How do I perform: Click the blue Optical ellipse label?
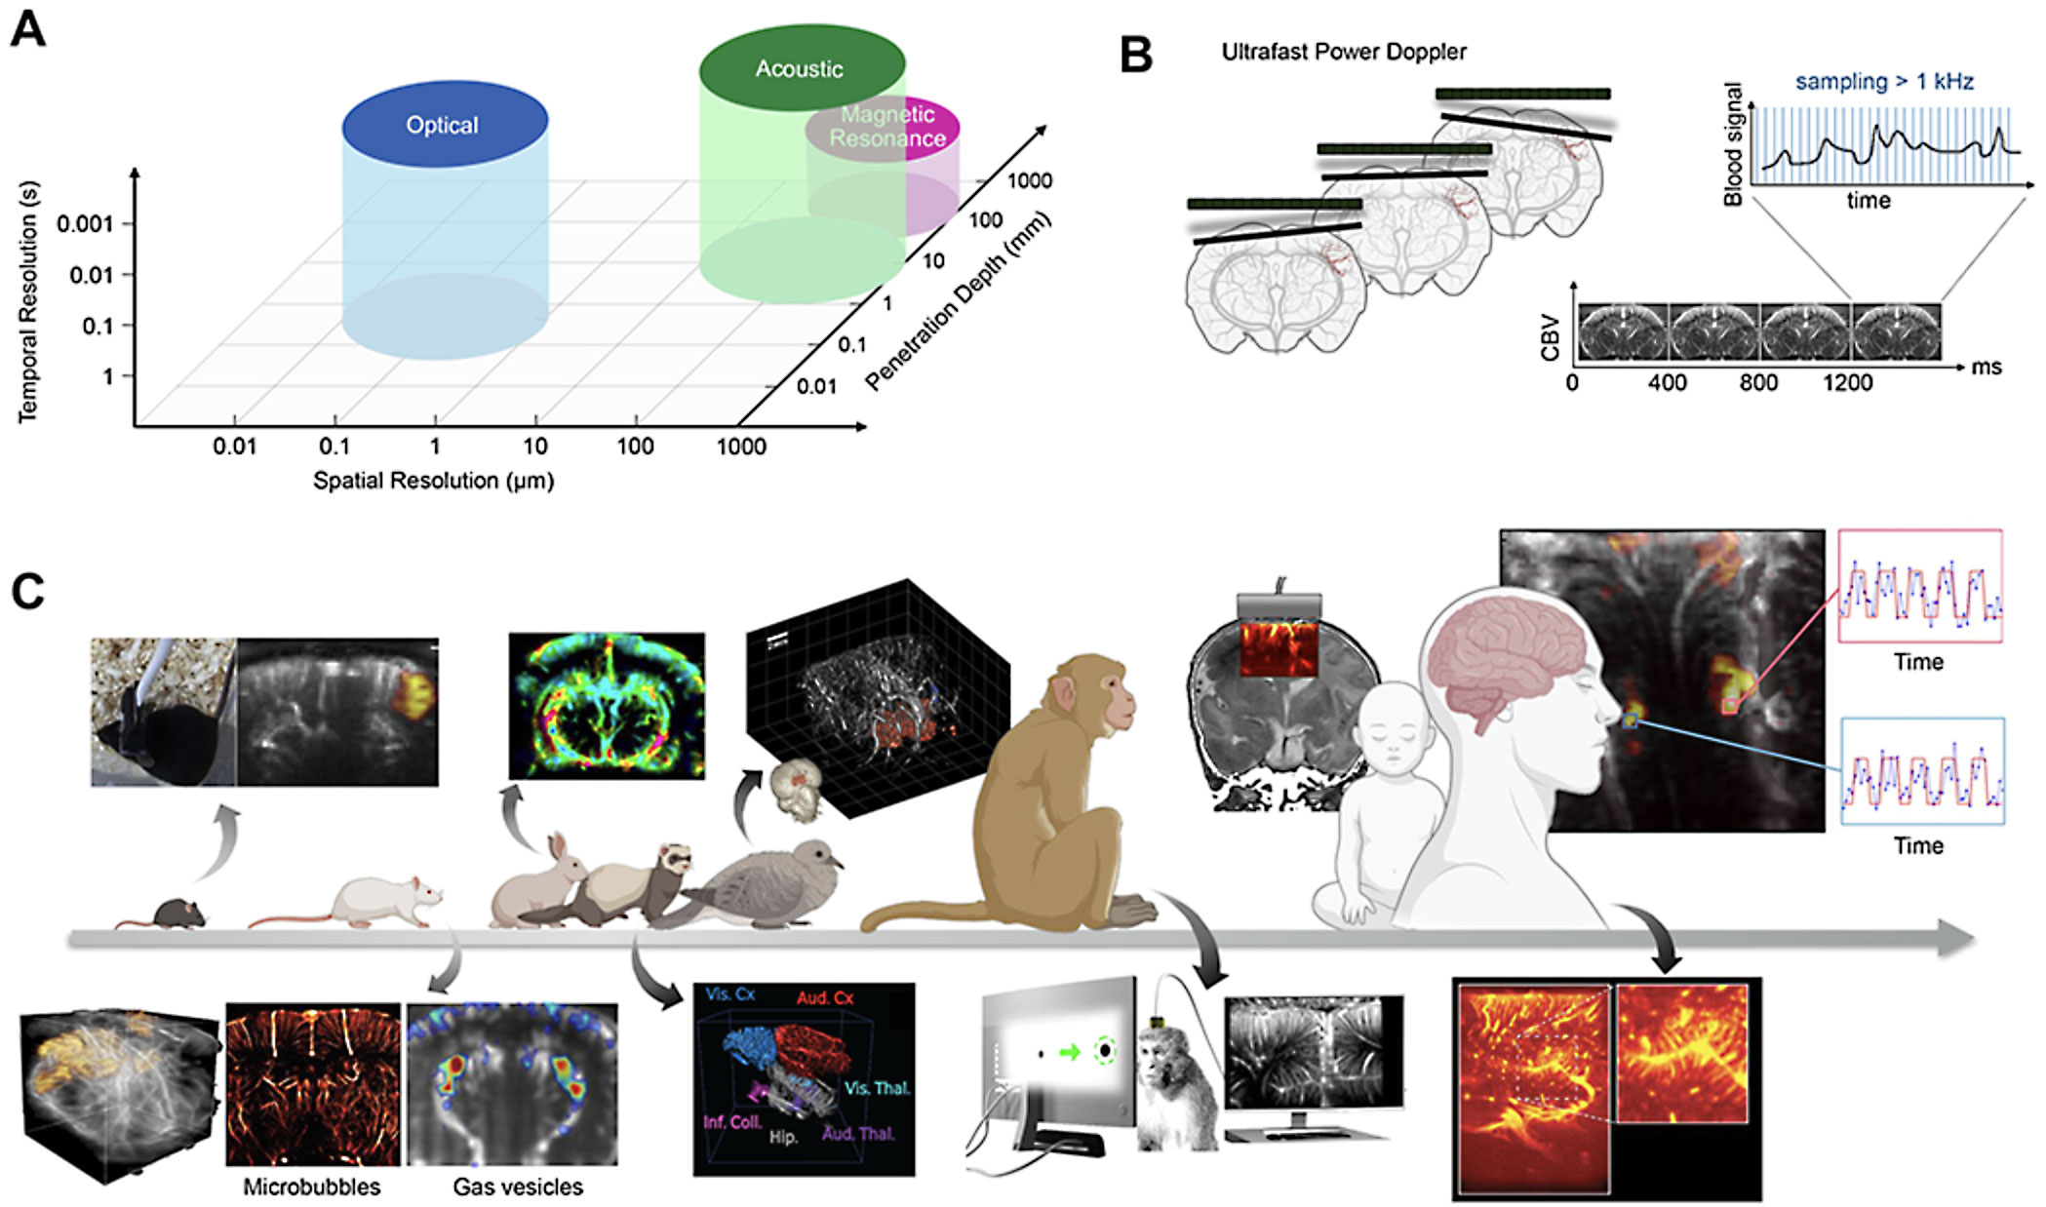click(443, 125)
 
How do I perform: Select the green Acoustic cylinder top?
click(801, 67)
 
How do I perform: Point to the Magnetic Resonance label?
click(887, 127)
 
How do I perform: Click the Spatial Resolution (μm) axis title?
click(433, 481)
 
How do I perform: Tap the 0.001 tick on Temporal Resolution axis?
click(85, 224)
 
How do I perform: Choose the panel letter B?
click(1136, 55)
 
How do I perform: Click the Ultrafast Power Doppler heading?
click(1343, 52)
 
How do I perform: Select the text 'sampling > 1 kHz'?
click(1883, 82)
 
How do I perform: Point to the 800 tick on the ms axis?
click(1757, 382)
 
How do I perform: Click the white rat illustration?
click(380, 902)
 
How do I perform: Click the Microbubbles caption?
click(312, 1187)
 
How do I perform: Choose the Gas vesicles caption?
click(518, 1187)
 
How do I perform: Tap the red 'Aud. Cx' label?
click(825, 997)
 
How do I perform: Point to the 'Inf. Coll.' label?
click(732, 1122)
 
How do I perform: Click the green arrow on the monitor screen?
click(1071, 1053)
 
